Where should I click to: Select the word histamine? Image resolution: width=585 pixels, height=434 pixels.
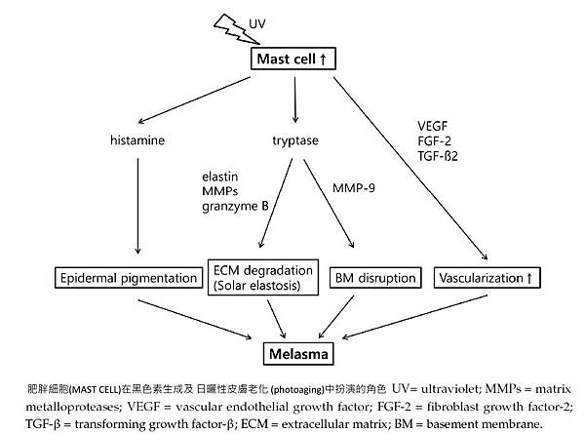click(138, 141)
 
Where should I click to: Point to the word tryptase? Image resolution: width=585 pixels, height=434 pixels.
click(294, 141)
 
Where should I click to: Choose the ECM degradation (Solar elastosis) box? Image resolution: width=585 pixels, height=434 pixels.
click(262, 277)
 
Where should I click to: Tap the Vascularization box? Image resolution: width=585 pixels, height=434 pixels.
click(485, 279)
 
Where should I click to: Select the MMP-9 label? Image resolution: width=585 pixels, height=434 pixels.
click(353, 185)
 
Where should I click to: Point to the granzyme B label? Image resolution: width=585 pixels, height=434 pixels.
click(236, 207)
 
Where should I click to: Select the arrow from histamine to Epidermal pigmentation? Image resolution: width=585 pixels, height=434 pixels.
click(138, 205)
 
